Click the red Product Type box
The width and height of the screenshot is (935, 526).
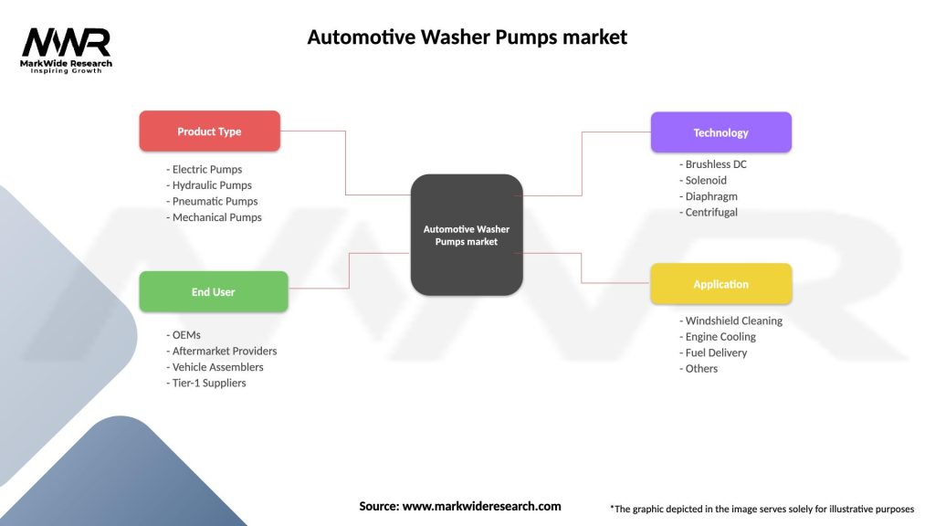(209, 131)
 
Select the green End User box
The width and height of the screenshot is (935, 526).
(213, 292)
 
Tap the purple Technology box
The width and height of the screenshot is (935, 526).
(720, 132)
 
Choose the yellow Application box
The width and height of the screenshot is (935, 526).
(720, 284)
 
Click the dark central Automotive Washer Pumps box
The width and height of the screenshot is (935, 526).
(466, 235)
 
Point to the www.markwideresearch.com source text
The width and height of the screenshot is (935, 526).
(482, 506)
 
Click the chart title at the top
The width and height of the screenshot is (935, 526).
(467, 37)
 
